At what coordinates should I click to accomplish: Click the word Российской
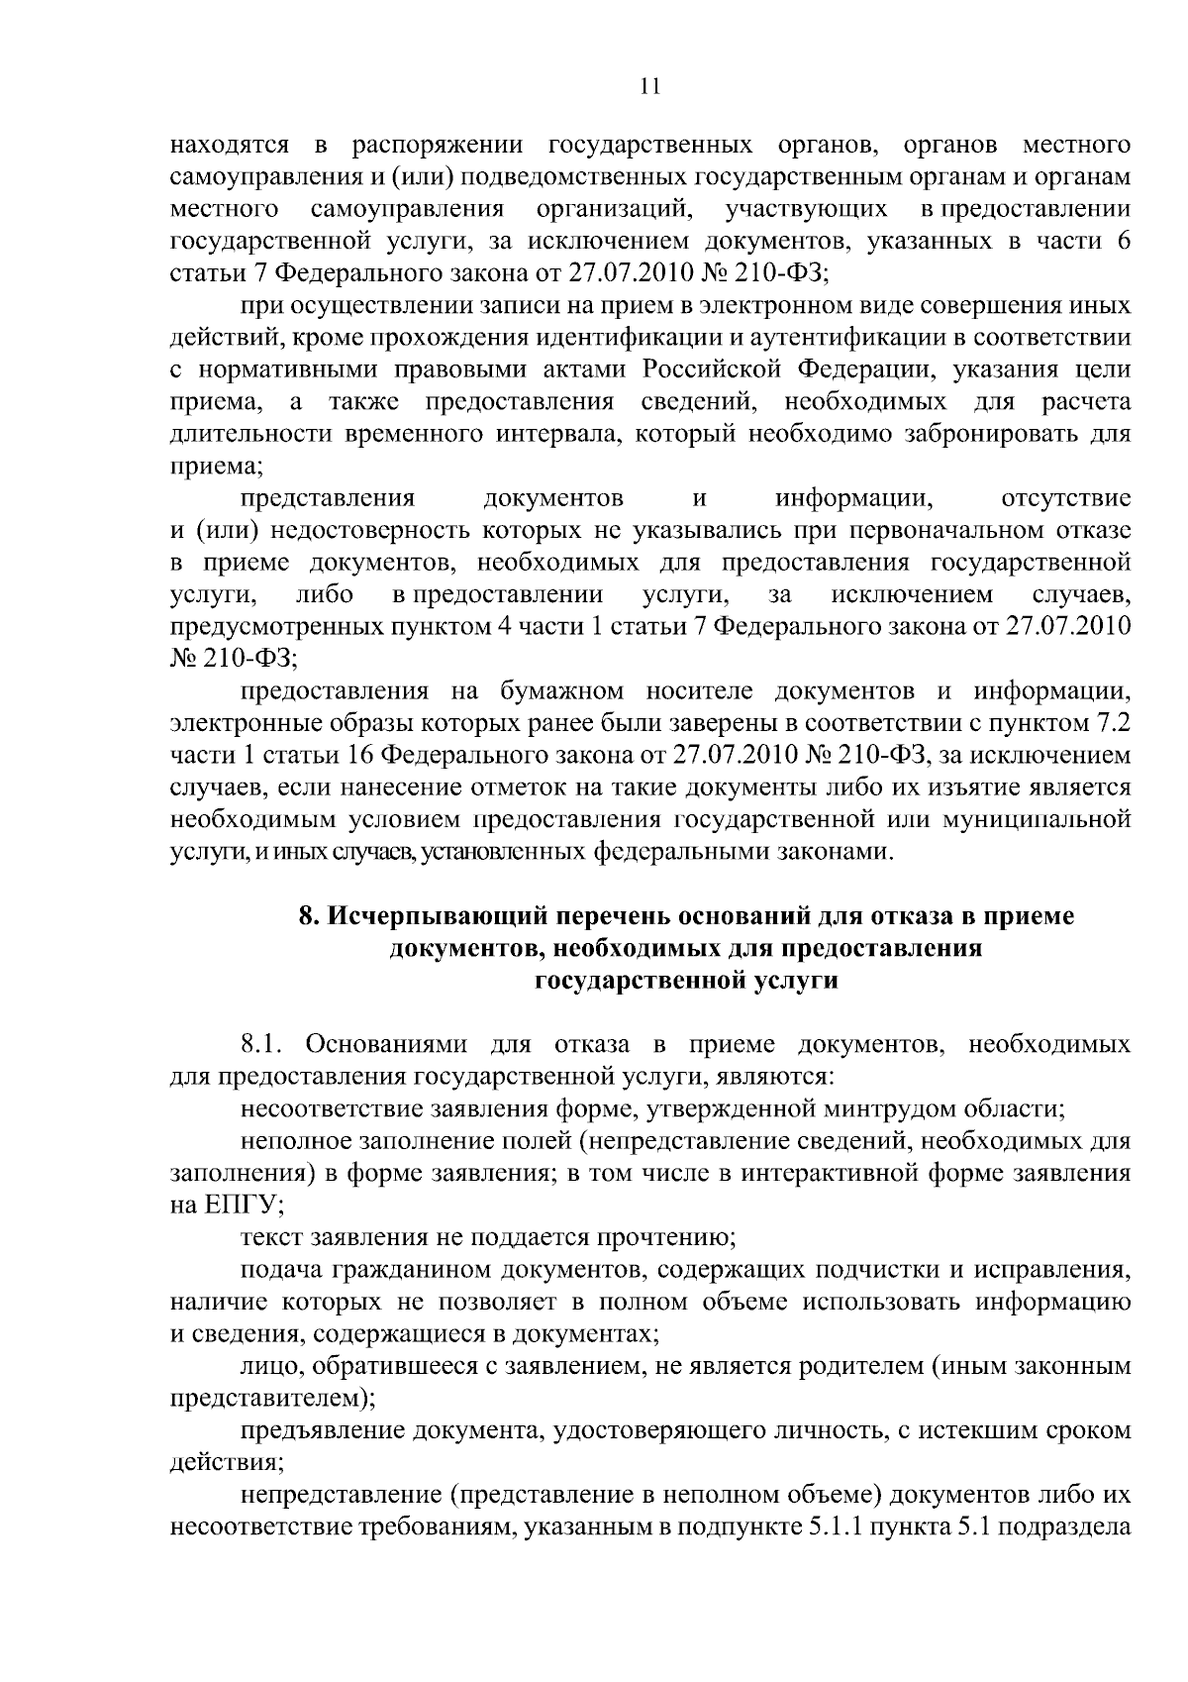[713, 369]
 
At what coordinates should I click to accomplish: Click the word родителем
[855, 1367]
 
